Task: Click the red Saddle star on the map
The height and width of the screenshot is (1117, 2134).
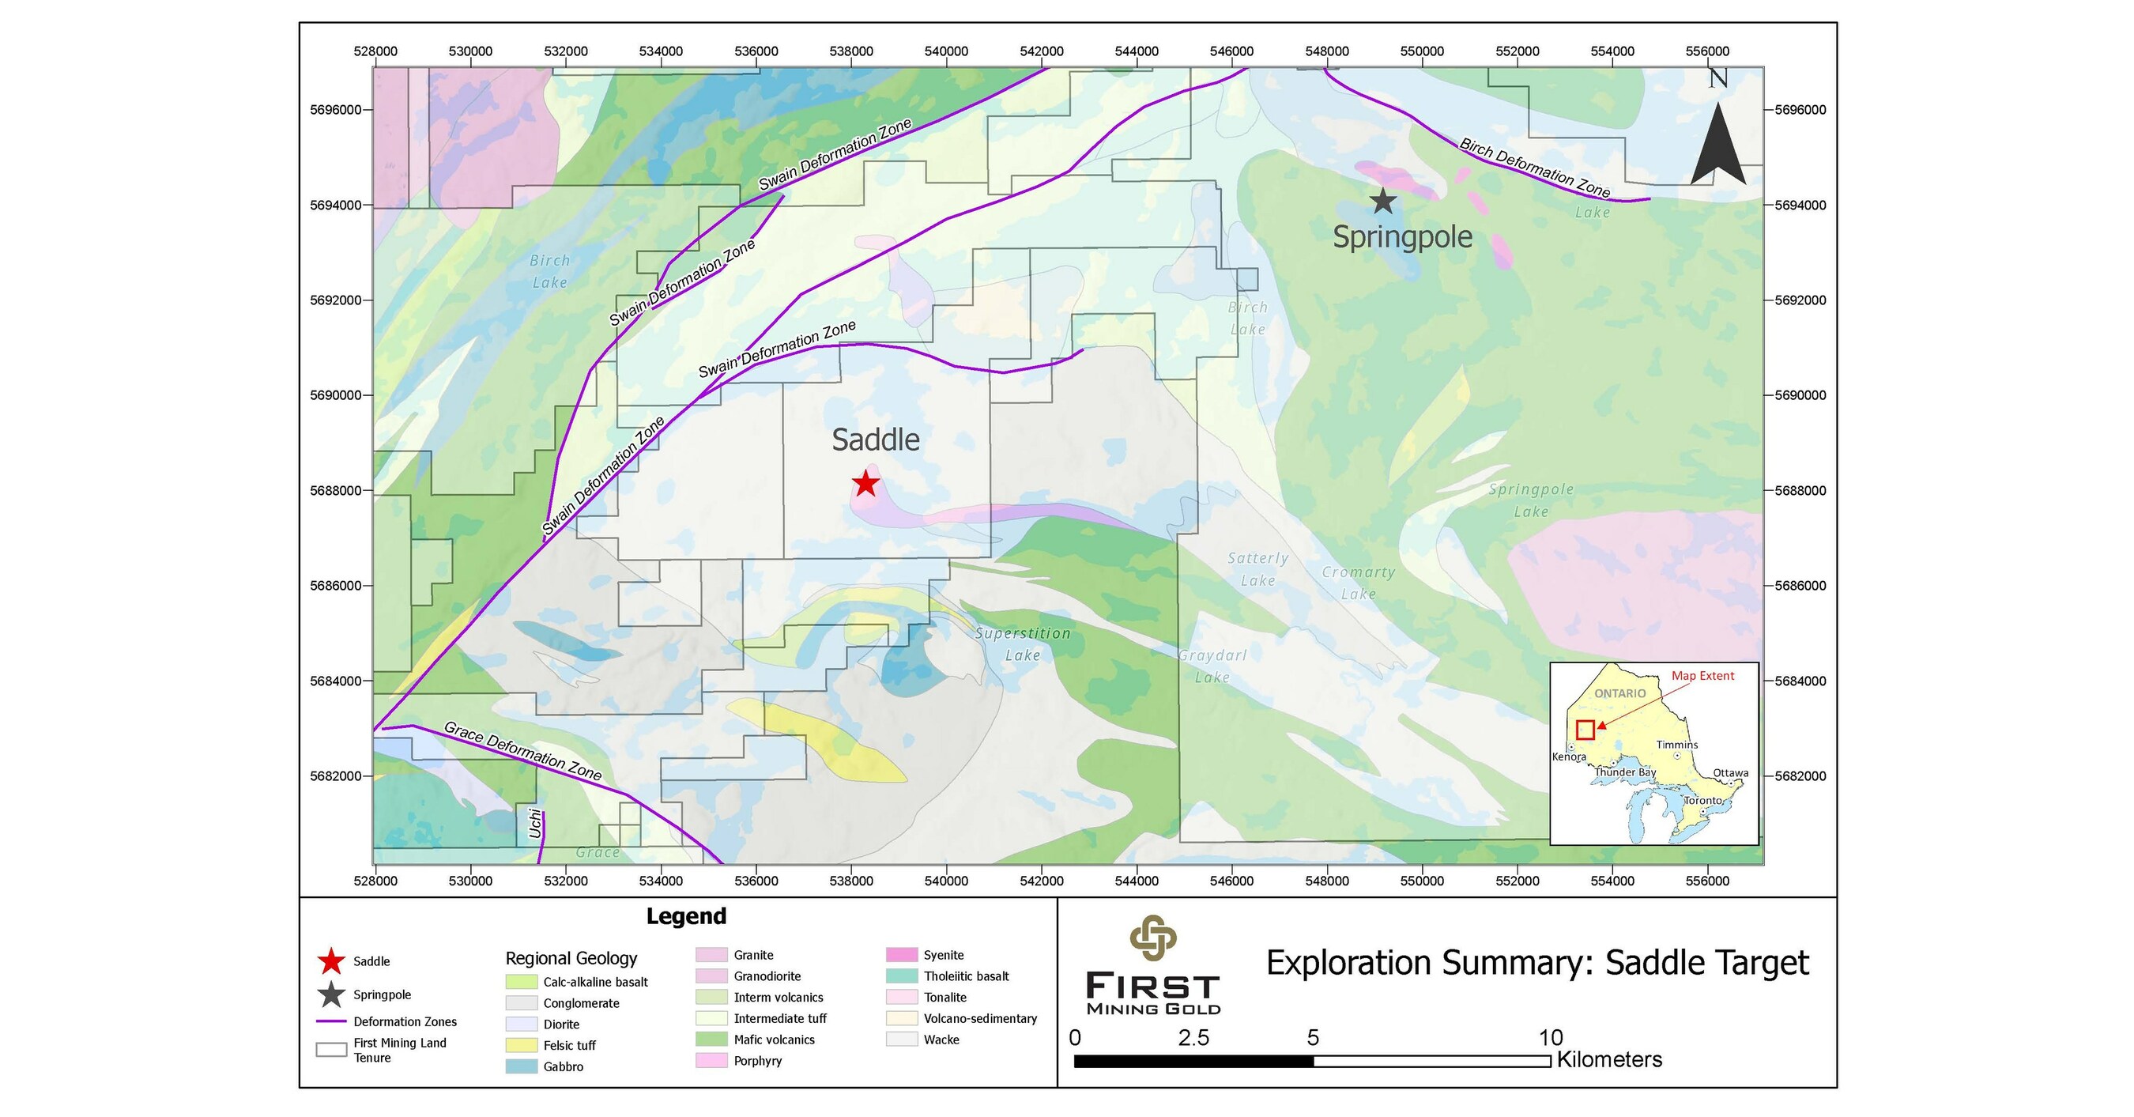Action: tap(865, 482)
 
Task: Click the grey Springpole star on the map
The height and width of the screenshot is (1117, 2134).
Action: tap(1382, 201)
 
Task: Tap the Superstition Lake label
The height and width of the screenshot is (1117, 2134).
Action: tap(1022, 643)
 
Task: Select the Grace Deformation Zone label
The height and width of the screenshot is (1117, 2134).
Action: tap(522, 751)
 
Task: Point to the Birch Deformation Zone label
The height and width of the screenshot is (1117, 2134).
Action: tap(1535, 168)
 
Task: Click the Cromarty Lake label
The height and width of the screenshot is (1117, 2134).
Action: tap(1359, 583)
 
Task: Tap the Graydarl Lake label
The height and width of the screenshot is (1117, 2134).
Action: tap(1212, 666)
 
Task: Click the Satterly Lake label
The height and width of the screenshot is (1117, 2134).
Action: tap(1257, 569)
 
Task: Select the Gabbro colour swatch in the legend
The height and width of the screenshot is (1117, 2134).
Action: tap(522, 1066)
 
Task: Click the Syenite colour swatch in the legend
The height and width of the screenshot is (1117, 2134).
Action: tap(902, 955)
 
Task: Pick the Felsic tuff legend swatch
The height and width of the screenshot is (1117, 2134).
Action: tap(522, 1045)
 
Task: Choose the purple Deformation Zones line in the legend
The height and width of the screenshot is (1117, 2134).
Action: tap(330, 1021)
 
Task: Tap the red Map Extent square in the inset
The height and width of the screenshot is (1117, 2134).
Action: tap(1585, 730)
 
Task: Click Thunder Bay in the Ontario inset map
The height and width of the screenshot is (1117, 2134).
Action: tap(1624, 772)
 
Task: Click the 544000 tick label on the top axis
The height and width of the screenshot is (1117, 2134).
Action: tap(1137, 51)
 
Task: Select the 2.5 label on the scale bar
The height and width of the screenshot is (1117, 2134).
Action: tap(1193, 1037)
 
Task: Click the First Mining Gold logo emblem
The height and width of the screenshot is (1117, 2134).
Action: tap(1153, 938)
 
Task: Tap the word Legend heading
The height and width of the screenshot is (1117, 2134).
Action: tap(686, 915)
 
